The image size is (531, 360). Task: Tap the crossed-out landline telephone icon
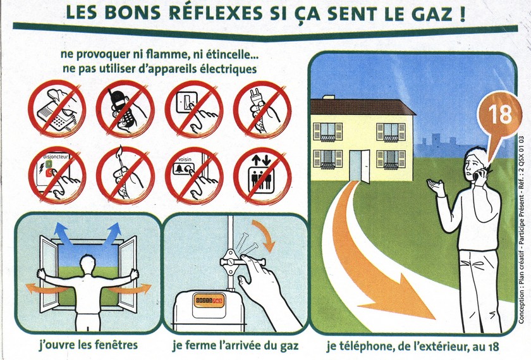point(56,109)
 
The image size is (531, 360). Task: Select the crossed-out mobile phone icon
point(125,109)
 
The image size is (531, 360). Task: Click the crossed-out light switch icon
point(194,109)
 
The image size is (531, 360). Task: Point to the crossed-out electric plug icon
point(262,109)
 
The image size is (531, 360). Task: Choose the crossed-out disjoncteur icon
point(56,175)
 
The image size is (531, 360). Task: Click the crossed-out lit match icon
point(125,175)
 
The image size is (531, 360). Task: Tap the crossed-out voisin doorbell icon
point(194,175)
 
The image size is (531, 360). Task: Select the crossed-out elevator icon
point(262,175)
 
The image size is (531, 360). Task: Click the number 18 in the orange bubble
point(500,115)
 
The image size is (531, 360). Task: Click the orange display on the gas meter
point(208,301)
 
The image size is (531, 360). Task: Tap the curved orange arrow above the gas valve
point(265,235)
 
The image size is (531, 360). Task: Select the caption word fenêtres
point(116,345)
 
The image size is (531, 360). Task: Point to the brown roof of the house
point(362,106)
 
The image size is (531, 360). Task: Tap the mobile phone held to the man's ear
point(480,174)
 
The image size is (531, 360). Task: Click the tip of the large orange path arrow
point(435,319)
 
